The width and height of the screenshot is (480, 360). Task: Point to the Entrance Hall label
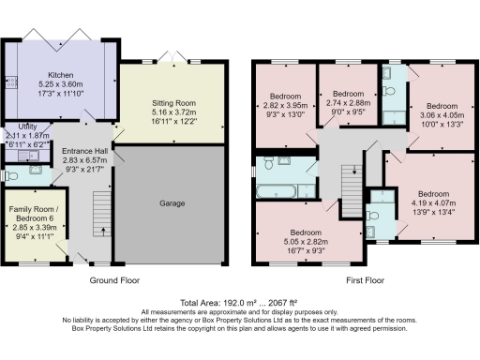tap(84, 151)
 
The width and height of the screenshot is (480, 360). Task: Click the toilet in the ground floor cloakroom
tap(12, 174)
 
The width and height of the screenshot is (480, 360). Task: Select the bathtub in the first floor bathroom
tap(277, 192)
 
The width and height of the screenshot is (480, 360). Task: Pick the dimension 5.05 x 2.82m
tap(307, 240)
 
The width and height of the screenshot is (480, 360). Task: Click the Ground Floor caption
tap(114, 280)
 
